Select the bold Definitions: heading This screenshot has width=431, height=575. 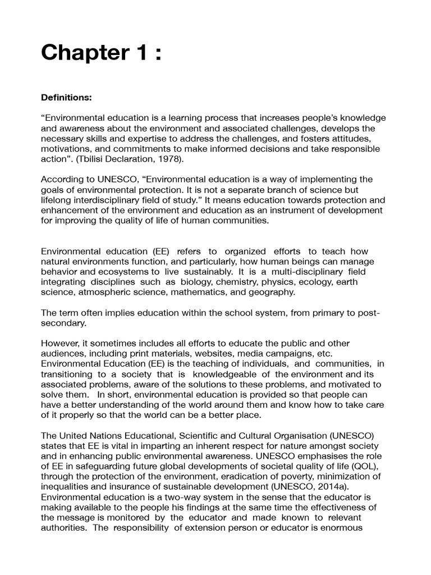pyautogui.click(x=66, y=97)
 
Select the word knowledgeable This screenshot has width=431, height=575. pyautogui.click(x=228, y=374)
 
